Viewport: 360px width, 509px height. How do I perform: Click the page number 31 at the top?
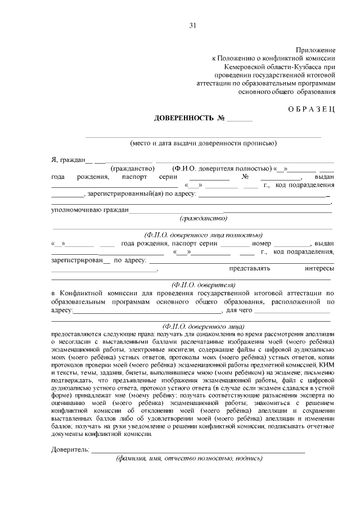pos(193,25)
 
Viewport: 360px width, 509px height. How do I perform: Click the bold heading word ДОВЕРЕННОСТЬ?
pos(184,118)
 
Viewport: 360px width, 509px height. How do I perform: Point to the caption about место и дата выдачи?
pos(203,142)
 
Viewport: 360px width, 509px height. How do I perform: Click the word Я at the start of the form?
pos(53,160)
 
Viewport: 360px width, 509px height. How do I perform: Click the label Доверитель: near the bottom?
pos(70,450)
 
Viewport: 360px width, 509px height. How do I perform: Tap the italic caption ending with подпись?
pos(189,458)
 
